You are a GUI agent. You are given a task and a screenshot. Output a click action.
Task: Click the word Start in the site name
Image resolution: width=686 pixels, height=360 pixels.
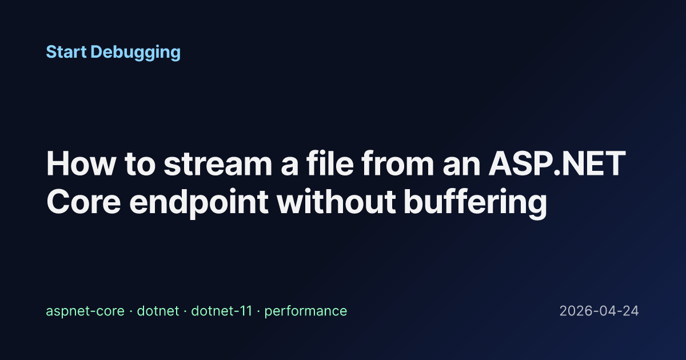(66, 52)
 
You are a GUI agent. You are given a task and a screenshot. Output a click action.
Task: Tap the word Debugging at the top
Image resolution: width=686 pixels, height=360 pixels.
(135, 53)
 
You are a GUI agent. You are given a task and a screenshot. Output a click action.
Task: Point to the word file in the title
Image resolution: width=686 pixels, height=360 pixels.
(330, 163)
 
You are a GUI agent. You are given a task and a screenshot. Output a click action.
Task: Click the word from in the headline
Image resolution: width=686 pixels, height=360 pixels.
(397, 163)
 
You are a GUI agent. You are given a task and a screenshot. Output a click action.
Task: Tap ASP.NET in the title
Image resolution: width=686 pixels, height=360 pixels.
(557, 164)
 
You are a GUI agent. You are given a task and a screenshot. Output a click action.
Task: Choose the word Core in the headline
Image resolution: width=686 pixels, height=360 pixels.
(83, 202)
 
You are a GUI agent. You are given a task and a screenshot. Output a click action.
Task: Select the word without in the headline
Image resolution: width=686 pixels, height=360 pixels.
(336, 201)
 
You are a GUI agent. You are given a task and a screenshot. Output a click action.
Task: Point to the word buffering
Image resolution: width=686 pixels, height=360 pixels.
(475, 203)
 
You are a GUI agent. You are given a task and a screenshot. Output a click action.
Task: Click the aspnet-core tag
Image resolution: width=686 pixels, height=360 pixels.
(85, 311)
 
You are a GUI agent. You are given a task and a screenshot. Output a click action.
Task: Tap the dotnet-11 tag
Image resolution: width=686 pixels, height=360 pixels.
(221, 311)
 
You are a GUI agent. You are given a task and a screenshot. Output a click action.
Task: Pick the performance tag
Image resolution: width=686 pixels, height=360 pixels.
(306, 311)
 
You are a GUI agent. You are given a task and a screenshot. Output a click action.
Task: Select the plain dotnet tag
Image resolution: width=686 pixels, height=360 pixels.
(158, 311)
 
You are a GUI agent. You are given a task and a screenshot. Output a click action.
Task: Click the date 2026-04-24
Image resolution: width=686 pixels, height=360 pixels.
(599, 311)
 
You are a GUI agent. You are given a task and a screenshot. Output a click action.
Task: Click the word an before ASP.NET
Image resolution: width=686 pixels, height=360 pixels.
(461, 167)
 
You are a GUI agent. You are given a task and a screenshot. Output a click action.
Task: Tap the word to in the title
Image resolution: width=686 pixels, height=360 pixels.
(140, 165)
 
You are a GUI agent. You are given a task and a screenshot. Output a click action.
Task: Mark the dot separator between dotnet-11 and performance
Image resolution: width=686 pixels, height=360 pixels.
(258, 311)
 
